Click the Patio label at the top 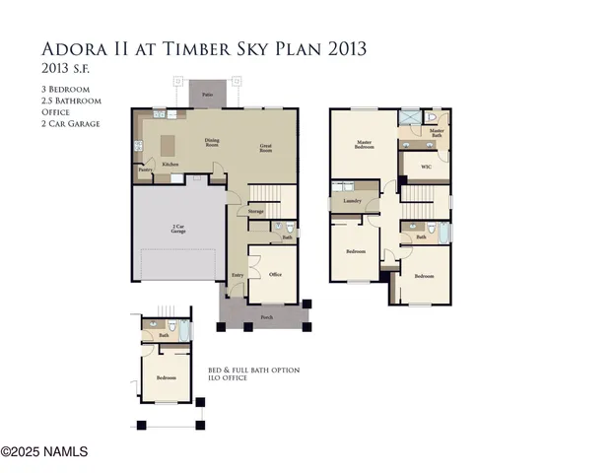click(208, 95)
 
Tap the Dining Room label click(212, 142)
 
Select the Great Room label click(266, 149)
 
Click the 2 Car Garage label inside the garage click(177, 229)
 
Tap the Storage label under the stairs click(255, 212)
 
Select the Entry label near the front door click(238, 276)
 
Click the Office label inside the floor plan click(275, 276)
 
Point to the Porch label click(266, 318)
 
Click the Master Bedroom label click(363, 145)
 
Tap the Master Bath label click(437, 131)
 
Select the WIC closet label click(426, 168)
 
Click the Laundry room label click(352, 201)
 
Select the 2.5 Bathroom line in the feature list click(71, 101)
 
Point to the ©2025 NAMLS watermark click(44, 452)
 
